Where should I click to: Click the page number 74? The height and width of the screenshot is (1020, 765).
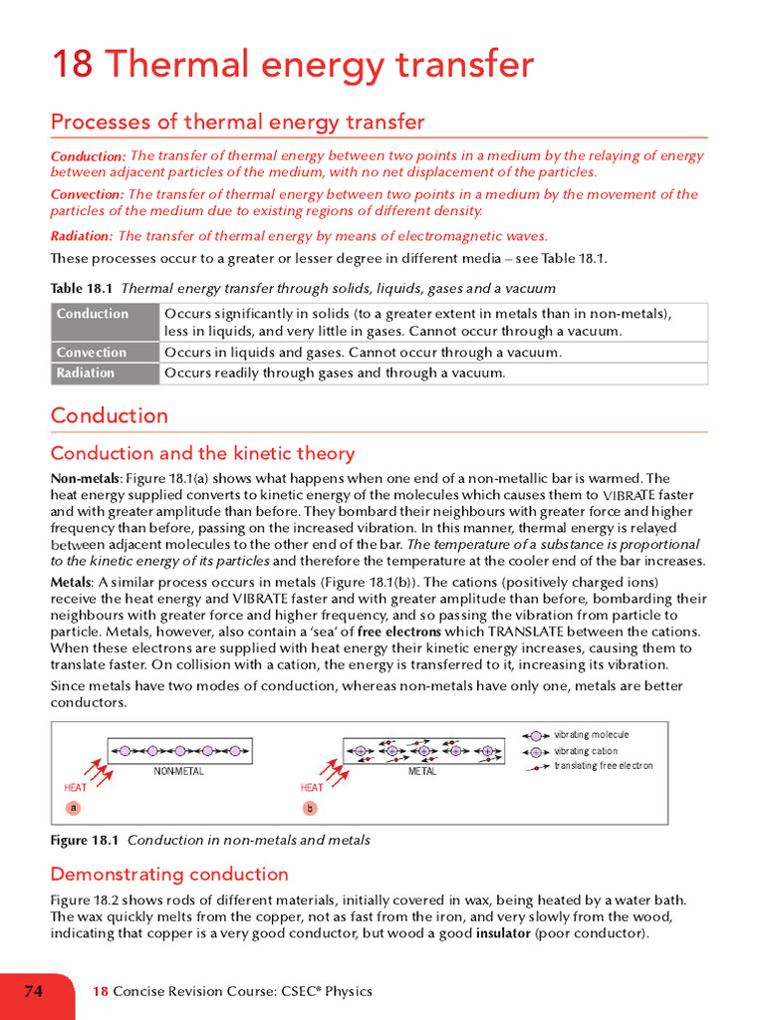(33, 991)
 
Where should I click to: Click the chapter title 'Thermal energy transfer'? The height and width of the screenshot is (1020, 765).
(319, 65)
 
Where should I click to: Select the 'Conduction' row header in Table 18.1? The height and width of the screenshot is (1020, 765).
(93, 314)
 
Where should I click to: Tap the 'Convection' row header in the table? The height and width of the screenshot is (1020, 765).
(92, 353)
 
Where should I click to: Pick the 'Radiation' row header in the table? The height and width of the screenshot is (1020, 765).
(86, 374)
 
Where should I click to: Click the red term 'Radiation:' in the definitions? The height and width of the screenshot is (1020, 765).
(82, 236)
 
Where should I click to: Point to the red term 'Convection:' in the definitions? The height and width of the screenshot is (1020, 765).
(87, 195)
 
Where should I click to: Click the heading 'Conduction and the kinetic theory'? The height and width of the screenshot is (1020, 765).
(202, 454)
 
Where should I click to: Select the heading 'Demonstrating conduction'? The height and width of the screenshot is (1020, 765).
(169, 875)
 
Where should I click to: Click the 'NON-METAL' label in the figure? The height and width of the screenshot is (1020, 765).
(178, 772)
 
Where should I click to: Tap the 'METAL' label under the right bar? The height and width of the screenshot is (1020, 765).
(422, 772)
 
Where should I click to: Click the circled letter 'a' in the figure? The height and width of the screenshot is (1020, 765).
(74, 808)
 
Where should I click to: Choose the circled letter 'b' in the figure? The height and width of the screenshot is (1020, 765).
(310, 808)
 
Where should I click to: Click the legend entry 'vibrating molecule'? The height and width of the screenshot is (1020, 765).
(591, 735)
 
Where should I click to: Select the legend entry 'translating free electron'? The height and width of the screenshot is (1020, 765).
(603, 766)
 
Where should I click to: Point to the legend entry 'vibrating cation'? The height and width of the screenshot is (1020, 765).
(586, 751)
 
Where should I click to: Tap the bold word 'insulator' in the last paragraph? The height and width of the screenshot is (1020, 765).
(503, 933)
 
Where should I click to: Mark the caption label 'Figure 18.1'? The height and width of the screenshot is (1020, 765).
(85, 840)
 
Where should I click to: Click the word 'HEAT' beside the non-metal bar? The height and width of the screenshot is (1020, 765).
(76, 788)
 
